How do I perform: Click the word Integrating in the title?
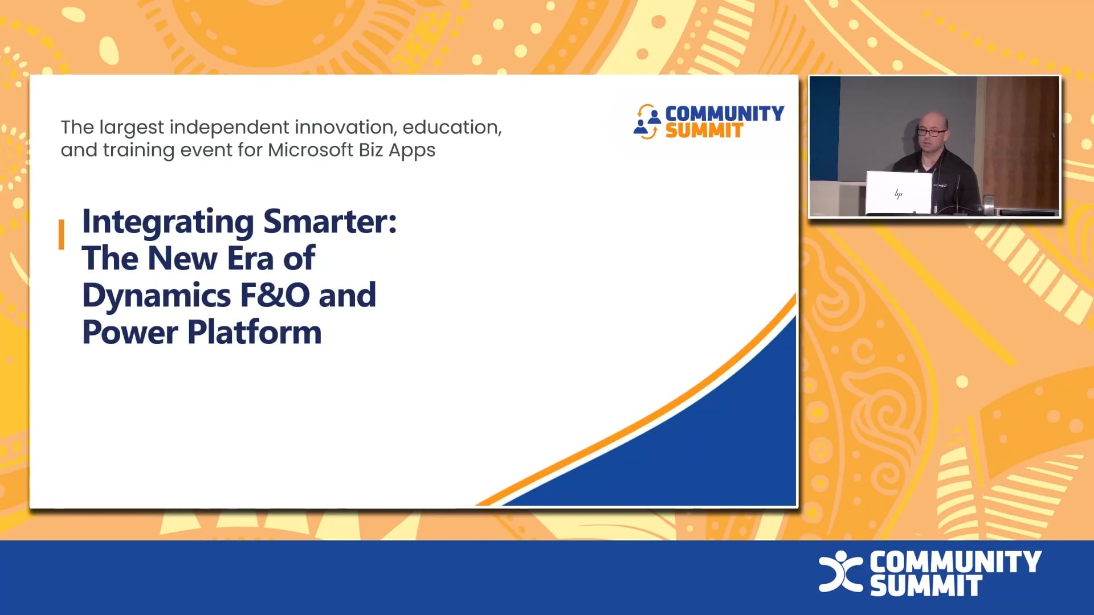pos(168,222)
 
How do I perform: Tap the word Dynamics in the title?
pos(157,296)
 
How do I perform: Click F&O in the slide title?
pos(275,296)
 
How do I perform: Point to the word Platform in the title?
pos(255,333)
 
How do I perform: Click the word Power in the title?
pos(130,333)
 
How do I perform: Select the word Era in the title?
pos(250,259)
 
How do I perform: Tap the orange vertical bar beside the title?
pos(61,234)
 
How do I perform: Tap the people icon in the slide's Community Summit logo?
pos(647,121)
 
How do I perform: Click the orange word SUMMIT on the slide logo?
pos(704,131)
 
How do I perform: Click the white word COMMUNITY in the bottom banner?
pos(956,561)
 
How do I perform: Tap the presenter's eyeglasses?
pos(931,132)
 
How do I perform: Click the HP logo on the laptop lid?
pos(899,194)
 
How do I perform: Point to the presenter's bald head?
pos(932,120)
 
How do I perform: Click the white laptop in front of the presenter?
pos(898,192)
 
